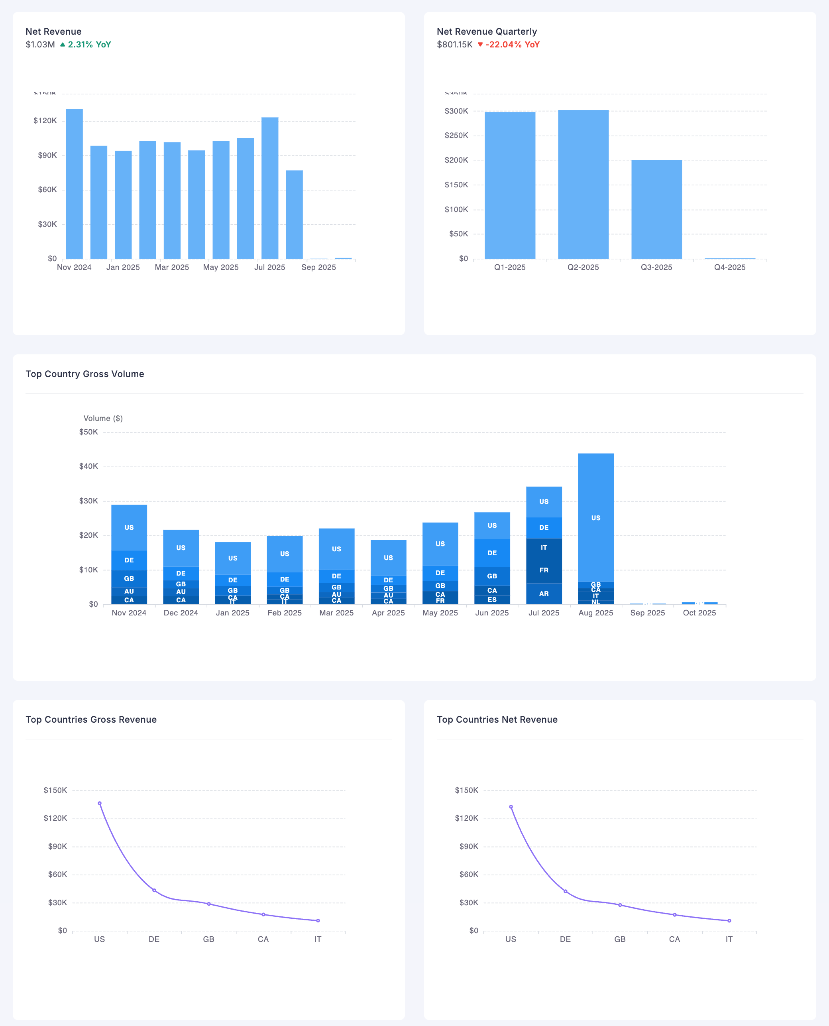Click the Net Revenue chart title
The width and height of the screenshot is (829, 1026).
click(53, 31)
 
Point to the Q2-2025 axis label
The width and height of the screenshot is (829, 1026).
click(583, 267)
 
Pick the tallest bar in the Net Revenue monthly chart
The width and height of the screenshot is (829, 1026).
click(74, 184)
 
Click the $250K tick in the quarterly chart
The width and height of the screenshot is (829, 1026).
click(456, 135)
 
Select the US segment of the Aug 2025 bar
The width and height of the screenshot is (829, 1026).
click(595, 517)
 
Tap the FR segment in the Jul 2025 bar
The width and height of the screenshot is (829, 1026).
click(544, 570)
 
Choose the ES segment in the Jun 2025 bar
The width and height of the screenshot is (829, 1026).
click(492, 599)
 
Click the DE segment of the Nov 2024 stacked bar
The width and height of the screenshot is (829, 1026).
click(129, 560)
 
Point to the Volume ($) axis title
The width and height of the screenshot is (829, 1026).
click(103, 418)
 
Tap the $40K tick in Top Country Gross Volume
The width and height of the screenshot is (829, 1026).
click(88, 466)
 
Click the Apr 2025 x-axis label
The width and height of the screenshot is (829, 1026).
click(388, 612)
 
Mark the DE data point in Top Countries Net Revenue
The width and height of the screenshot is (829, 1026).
click(566, 891)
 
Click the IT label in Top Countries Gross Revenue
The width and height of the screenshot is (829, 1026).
click(318, 939)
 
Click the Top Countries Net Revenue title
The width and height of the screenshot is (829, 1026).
click(497, 719)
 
